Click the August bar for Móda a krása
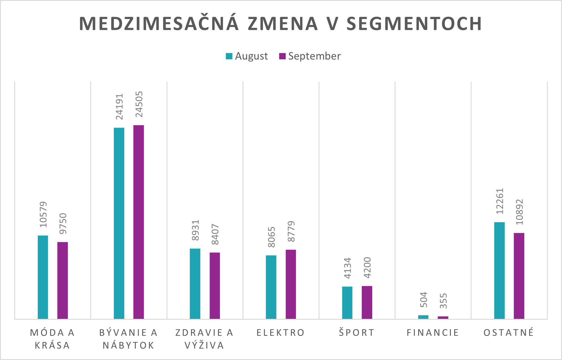click(x=43, y=277)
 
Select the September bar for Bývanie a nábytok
click(x=138, y=222)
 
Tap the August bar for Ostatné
click(x=499, y=270)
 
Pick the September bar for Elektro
click(x=291, y=284)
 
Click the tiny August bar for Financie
click(x=423, y=317)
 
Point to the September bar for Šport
click(x=367, y=302)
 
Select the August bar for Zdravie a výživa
click(x=195, y=283)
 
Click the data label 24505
click(x=139, y=104)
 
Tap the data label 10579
click(x=43, y=214)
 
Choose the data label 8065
click(x=271, y=237)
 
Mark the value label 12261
click(x=500, y=201)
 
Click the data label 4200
click(x=367, y=268)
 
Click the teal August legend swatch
click(x=229, y=56)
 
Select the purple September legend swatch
click(x=282, y=56)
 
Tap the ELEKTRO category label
click(x=281, y=332)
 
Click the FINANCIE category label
click(x=433, y=332)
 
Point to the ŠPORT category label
click(x=357, y=332)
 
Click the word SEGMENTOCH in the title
click(x=414, y=24)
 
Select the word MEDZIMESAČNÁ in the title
click(x=159, y=24)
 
